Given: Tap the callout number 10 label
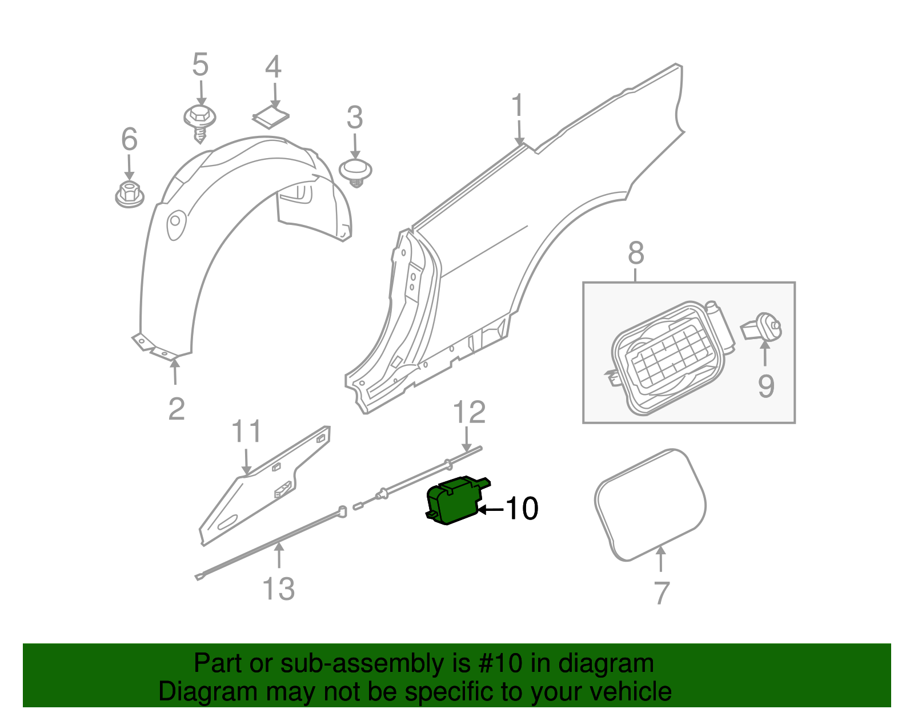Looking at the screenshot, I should coord(522,508).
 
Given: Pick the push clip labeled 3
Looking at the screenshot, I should coord(355,171).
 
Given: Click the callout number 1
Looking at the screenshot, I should coord(518,107).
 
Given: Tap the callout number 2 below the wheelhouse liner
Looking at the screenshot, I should coord(177,409).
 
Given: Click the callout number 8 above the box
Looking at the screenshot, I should coord(636,253).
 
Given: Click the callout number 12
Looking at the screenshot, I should coord(469,412).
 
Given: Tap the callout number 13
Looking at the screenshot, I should coord(278,589).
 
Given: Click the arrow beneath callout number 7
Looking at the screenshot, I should coord(660,559).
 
